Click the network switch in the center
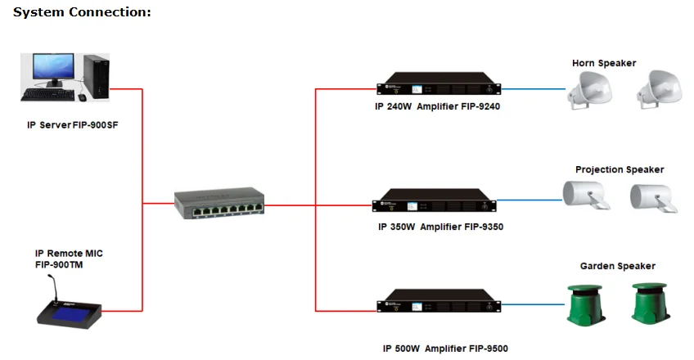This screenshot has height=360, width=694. point(219,203)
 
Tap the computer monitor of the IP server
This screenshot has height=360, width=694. point(53,70)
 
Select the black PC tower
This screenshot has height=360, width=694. point(96,77)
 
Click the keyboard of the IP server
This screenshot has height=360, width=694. point(47,94)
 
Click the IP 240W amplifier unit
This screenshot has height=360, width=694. point(439,83)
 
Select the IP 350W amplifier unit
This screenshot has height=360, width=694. point(435,200)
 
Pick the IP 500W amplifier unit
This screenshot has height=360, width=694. point(439,301)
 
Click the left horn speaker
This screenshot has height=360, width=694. point(589,90)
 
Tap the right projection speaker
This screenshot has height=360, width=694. point(654,198)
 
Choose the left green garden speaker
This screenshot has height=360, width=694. point(586,304)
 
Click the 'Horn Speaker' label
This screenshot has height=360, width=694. point(604,63)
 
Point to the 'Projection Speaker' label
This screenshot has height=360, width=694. point(620,170)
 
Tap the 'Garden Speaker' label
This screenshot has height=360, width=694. point(617,266)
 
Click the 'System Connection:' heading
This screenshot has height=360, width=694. point(82,12)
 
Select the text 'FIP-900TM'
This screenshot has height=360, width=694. point(59,265)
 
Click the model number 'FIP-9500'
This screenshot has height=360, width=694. point(489,349)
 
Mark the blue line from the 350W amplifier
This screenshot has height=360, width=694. point(530,200)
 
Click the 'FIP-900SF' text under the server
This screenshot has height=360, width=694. point(95,125)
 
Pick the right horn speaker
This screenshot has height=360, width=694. point(659,89)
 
